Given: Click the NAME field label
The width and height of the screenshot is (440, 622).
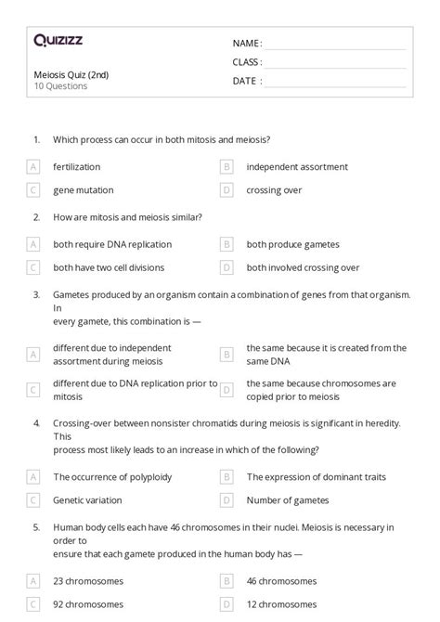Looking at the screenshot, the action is pyautogui.click(x=247, y=43).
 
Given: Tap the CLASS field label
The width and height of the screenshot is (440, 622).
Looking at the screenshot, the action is pyautogui.click(x=247, y=62).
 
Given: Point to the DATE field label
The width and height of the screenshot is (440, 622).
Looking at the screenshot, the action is pyautogui.click(x=246, y=81).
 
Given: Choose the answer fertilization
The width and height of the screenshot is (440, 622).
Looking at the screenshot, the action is pyautogui.click(x=77, y=167).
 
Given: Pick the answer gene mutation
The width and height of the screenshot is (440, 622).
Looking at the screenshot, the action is pyautogui.click(x=84, y=189).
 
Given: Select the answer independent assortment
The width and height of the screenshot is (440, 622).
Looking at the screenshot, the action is pyautogui.click(x=297, y=167).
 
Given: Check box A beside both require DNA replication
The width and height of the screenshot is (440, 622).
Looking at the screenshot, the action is pyautogui.click(x=33, y=245).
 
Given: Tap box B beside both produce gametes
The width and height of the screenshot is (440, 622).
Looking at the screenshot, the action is pyautogui.click(x=226, y=245).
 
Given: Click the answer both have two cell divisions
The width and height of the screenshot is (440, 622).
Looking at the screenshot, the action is pyautogui.click(x=109, y=267).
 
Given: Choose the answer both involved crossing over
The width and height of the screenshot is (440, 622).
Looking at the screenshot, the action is pyautogui.click(x=303, y=267).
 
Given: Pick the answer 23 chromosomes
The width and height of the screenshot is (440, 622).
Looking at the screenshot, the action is pyautogui.click(x=88, y=581).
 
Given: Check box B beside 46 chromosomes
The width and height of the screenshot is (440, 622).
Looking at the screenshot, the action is pyautogui.click(x=226, y=581).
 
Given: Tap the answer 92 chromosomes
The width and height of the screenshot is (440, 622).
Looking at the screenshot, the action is pyautogui.click(x=88, y=603).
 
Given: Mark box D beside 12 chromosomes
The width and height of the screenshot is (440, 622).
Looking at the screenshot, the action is pyautogui.click(x=226, y=603).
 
